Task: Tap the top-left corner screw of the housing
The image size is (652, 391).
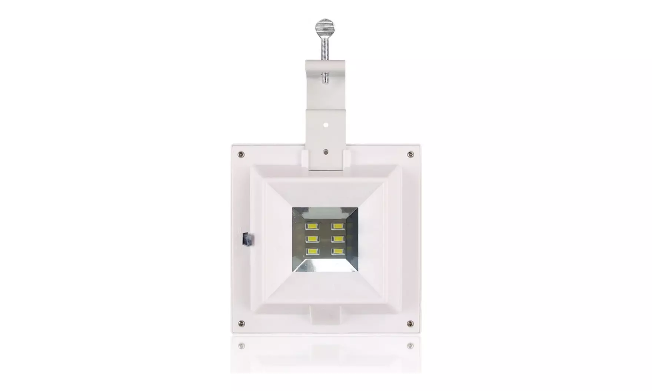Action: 241,154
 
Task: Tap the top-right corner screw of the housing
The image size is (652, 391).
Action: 410,154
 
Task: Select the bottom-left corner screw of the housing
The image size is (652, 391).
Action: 241,323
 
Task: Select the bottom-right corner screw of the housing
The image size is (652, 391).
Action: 410,324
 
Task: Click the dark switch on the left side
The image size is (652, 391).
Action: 247,239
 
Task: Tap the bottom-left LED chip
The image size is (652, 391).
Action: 312,252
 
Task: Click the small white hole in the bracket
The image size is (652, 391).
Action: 326,125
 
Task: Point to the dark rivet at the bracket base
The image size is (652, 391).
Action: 325,152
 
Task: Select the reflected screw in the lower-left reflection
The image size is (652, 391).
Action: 242,346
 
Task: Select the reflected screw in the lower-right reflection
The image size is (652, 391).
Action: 410,346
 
